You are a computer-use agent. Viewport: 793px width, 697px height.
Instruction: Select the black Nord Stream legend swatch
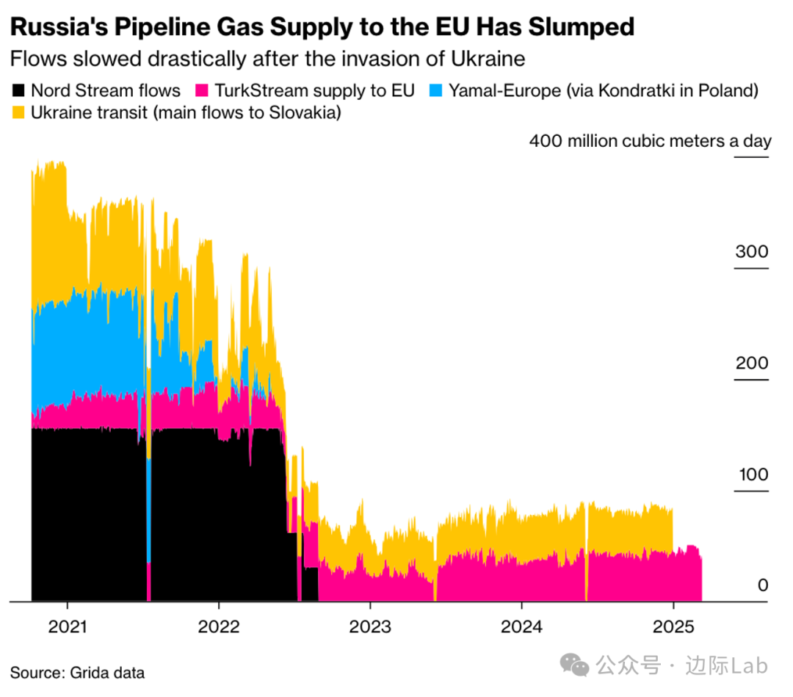[18, 91]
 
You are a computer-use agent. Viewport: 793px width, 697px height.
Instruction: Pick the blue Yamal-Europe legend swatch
[435, 91]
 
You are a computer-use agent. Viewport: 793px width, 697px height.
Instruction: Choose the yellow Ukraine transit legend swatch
[18, 113]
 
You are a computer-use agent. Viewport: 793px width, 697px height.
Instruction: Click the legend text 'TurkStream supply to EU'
[315, 91]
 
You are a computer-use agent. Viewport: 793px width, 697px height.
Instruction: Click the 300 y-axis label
[752, 252]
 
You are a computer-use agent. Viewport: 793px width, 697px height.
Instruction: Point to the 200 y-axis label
[752, 364]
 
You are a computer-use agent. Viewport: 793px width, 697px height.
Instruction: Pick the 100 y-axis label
[752, 474]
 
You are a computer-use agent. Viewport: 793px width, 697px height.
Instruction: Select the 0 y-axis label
[763, 585]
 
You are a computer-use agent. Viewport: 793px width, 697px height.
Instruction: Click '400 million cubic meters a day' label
[650, 141]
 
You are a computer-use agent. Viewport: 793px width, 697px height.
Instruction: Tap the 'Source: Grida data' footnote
[77, 673]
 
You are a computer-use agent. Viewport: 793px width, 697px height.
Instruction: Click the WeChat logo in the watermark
[575, 665]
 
